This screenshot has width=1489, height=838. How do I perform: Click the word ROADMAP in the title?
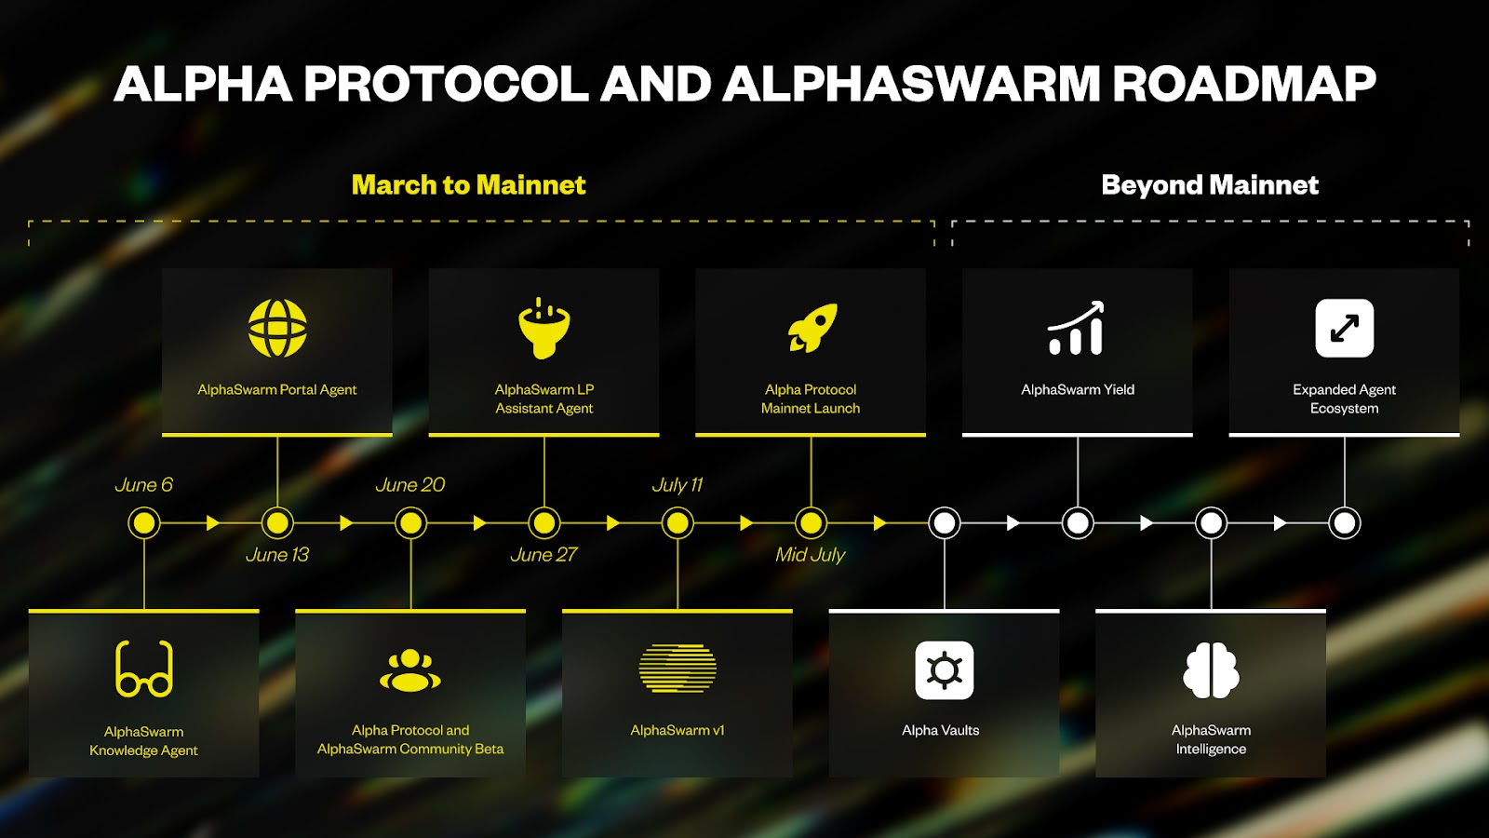[x=1243, y=84]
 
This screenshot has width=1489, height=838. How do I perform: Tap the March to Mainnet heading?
[x=468, y=184]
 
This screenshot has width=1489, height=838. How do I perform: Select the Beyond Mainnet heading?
[x=1209, y=184]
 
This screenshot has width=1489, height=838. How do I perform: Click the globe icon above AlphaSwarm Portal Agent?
[x=277, y=328]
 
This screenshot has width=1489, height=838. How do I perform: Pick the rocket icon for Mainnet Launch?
[x=812, y=328]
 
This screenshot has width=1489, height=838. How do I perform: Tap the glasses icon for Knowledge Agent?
[x=144, y=669]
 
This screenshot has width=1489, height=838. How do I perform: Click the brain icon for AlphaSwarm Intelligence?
[x=1211, y=669]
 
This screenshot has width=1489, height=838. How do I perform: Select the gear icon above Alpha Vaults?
[x=944, y=669]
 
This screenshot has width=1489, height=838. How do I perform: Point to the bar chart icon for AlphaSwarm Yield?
[x=1077, y=328]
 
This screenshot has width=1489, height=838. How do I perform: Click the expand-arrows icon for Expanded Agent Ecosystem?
[x=1344, y=328]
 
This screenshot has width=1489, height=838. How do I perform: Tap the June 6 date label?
[x=143, y=485]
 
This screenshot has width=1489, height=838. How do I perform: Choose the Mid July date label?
[x=810, y=555]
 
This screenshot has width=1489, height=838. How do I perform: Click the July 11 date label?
[x=677, y=485]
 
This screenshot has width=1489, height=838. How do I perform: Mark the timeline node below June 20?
[x=410, y=523]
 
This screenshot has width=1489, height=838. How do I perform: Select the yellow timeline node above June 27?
[x=544, y=523]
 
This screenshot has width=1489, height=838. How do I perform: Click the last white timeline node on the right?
[x=1344, y=523]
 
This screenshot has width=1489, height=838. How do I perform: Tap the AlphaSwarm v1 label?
[x=677, y=730]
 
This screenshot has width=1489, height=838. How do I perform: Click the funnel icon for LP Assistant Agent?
[x=544, y=328]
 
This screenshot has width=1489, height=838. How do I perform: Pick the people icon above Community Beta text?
[x=410, y=670]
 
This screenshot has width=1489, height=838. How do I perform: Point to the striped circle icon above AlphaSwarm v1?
[x=677, y=669]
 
